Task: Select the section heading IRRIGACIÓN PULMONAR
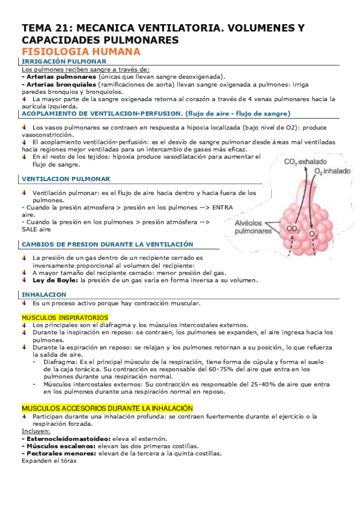pyautogui.click(x=64, y=62)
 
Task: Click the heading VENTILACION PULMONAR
pyautogui.click(x=66, y=179)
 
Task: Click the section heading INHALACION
pyautogui.click(x=44, y=295)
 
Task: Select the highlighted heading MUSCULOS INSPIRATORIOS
pyautogui.click(x=65, y=317)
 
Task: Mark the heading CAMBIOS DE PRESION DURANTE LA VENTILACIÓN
pyautogui.click(x=108, y=244)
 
